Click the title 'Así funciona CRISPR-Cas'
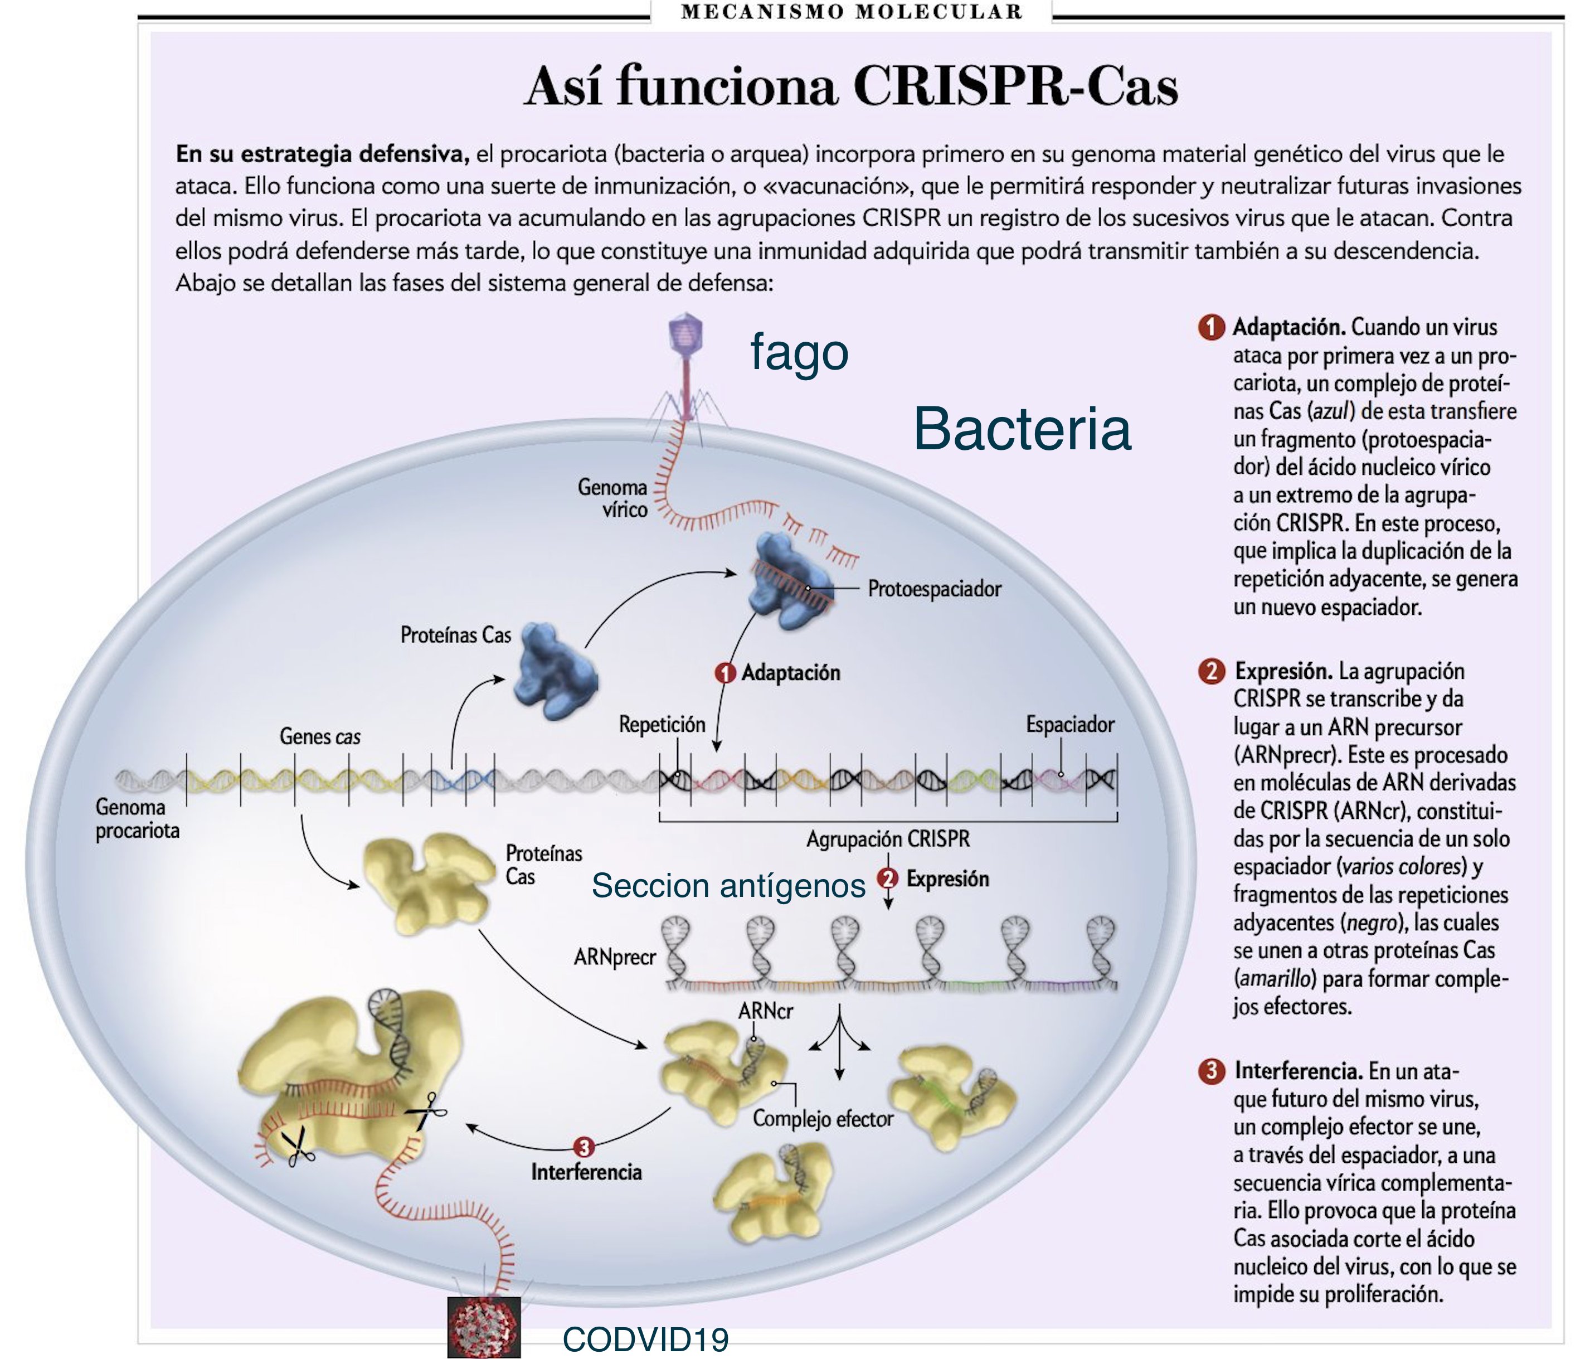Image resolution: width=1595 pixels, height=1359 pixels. click(x=850, y=86)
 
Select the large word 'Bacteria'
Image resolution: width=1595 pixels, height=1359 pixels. click(x=1022, y=430)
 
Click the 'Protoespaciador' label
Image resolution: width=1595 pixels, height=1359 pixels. click(x=933, y=589)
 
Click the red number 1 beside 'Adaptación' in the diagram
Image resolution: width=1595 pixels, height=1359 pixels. click(x=724, y=673)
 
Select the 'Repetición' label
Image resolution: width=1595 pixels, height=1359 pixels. click(x=662, y=725)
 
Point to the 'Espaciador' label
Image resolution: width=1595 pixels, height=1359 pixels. click(x=1069, y=725)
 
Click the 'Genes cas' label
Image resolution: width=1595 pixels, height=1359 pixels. click(x=319, y=737)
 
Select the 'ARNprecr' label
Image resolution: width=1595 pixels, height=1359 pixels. click(x=614, y=957)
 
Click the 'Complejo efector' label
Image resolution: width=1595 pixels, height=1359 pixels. click(x=822, y=1119)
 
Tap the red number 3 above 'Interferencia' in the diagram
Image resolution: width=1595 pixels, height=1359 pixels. click(x=583, y=1147)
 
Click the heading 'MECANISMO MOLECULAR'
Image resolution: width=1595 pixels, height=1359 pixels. click(x=850, y=12)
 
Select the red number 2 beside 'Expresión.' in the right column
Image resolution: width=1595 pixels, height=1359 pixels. click(x=1211, y=671)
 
